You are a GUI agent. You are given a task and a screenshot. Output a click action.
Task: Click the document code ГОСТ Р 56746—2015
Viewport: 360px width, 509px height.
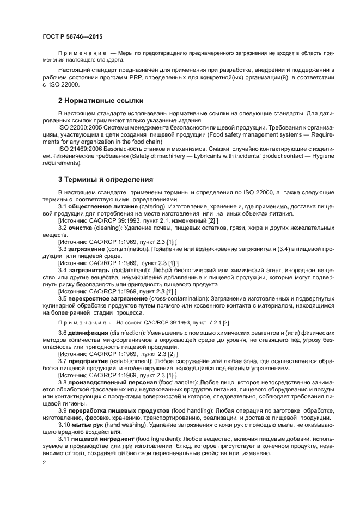[72, 36]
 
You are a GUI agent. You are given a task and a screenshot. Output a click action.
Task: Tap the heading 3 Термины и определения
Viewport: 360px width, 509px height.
[105, 179]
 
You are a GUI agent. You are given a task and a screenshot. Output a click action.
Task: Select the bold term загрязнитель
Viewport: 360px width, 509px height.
[89, 270]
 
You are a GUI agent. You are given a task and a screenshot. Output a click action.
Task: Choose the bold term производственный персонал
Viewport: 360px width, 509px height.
[111, 381]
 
